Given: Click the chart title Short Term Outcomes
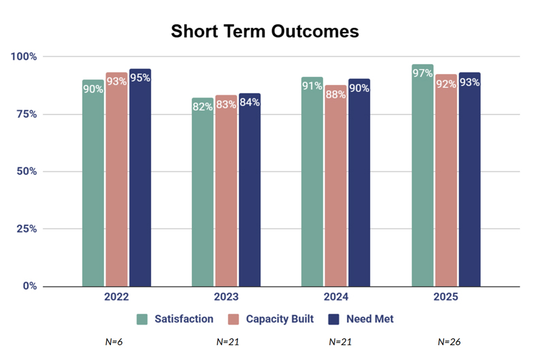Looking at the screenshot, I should pyautogui.click(x=265, y=31).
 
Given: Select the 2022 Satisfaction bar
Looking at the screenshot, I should pyautogui.click(x=93, y=184).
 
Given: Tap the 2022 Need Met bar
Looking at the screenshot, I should pyautogui.click(x=140, y=178).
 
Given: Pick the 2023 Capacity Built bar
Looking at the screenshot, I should pyautogui.click(x=226, y=191).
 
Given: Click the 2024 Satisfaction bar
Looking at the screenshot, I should pyautogui.click(x=312, y=182).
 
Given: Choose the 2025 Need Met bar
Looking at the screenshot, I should pyautogui.click(x=469, y=180).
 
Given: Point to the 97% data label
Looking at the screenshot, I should pyautogui.click(x=422, y=73).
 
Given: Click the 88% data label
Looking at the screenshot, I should pyautogui.click(x=335, y=95).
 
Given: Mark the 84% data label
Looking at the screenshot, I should pyautogui.click(x=250, y=103).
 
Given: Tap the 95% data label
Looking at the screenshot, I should pyautogui.click(x=140, y=78).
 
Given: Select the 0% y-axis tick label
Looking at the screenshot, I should pyautogui.click(x=29, y=286).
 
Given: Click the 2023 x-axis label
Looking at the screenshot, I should pyautogui.click(x=226, y=297).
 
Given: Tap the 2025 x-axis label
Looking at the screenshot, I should pyautogui.click(x=445, y=297).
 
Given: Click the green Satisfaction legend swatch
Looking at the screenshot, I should pyautogui.click(x=142, y=319).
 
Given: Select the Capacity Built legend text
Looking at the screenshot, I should pyautogui.click(x=279, y=319).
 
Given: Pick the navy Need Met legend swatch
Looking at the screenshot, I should pyautogui.click(x=334, y=319).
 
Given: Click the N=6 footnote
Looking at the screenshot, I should pyautogui.click(x=114, y=342).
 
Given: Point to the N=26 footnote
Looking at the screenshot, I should pyautogui.click(x=449, y=342).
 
